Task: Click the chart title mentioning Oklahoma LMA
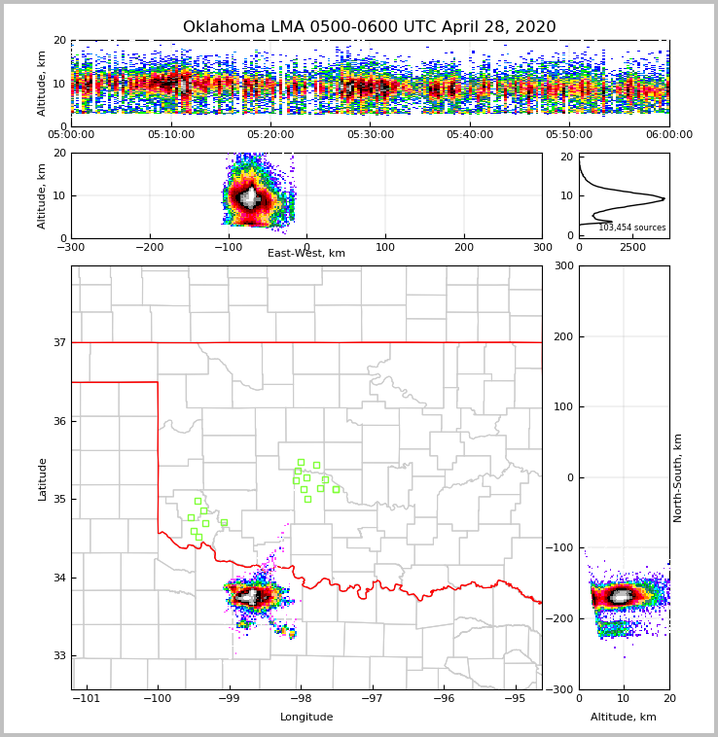coord(370,27)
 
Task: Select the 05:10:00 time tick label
coord(171,135)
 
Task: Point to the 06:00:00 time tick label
coord(668,135)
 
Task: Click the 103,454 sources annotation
coord(631,228)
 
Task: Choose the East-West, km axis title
coord(306,254)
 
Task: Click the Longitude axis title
coord(306,718)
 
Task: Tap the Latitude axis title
coord(42,478)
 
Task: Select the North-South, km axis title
coord(678,477)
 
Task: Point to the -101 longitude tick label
coord(87,699)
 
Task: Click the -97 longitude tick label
coord(373,699)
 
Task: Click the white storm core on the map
coord(249,596)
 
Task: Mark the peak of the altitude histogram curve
coord(664,199)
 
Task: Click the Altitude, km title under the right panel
coord(624,718)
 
